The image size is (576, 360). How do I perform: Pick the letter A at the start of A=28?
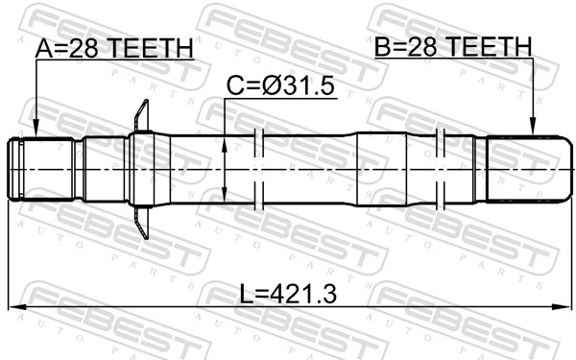tap(44, 48)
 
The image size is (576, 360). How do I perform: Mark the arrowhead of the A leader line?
tap(35, 132)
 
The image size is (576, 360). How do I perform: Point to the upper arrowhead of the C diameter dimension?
tap(224, 141)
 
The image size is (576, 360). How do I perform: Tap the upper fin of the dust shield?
tap(142, 115)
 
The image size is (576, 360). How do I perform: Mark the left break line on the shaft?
tap(258, 169)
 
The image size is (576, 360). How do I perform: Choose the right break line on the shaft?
tap(441, 169)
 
